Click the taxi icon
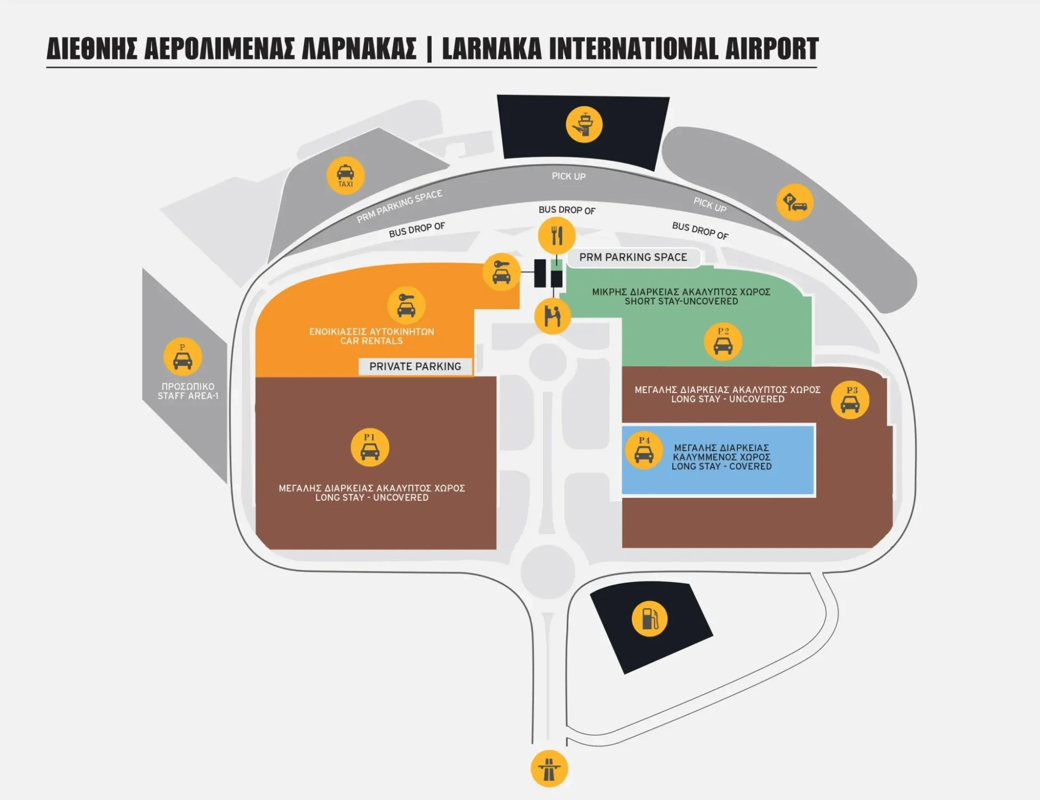345,176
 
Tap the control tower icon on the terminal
584,124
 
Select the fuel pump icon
649,619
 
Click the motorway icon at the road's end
549,769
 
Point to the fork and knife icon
557,235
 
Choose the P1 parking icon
370,447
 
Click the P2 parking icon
723,342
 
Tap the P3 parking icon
850,400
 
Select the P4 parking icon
643,451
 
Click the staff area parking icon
182,357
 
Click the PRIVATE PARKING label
415,366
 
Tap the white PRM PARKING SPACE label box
633,258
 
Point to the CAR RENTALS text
371,341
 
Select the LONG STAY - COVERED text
721,466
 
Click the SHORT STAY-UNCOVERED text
681,301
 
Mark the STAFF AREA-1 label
188,396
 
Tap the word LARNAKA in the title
492,49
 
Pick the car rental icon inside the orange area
406,305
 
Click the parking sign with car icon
795,202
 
